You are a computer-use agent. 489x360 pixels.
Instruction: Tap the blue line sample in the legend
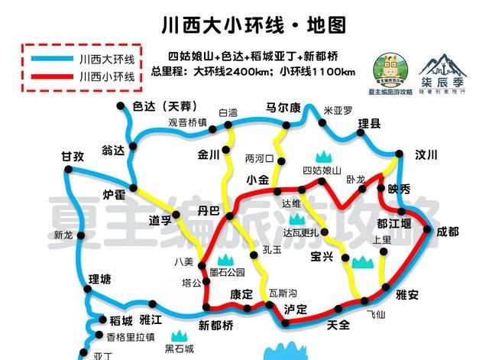tap(47, 58)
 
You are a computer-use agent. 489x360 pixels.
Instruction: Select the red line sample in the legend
tap(47, 76)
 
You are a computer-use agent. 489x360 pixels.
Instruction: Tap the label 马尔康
tap(282, 108)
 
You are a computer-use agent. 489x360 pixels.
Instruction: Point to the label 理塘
tap(100, 278)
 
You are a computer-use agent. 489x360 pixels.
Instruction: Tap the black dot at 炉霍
tap(134, 187)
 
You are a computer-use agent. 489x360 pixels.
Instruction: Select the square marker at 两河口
tap(280, 161)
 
